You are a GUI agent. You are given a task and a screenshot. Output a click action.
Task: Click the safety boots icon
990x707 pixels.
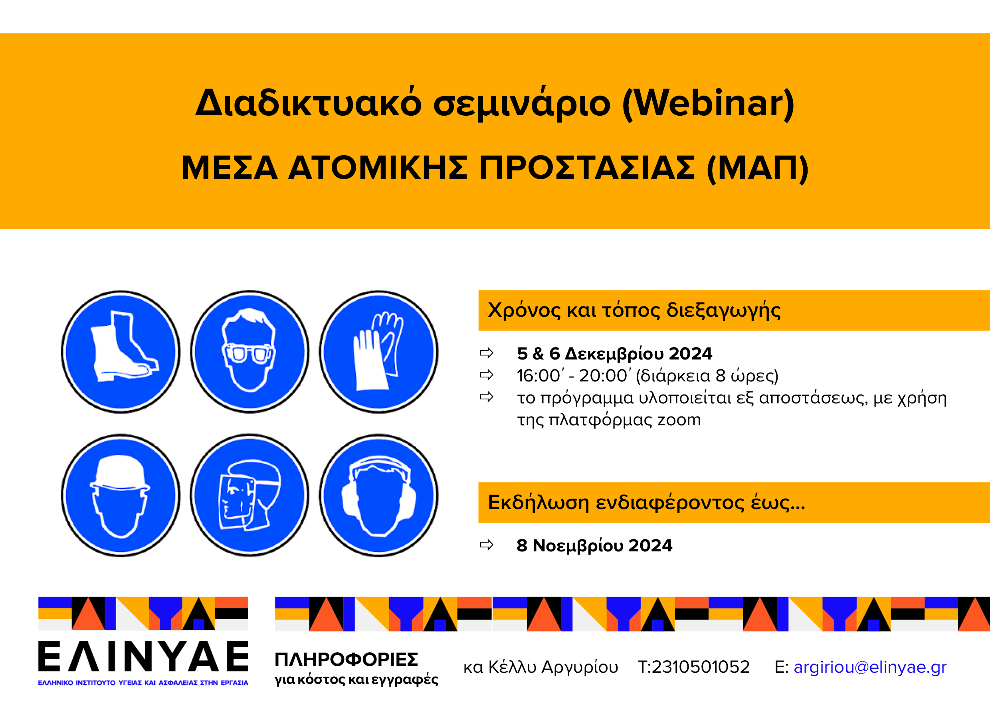click(x=121, y=352)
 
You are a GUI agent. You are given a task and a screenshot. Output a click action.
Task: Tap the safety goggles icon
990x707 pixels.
click(x=249, y=352)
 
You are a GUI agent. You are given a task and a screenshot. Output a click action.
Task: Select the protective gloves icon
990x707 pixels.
click(x=378, y=352)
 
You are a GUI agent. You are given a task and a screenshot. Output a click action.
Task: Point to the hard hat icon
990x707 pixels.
click(x=121, y=496)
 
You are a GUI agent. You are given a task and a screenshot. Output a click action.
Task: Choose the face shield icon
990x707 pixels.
click(x=249, y=496)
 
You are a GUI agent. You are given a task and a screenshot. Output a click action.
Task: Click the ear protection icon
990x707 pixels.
click(x=378, y=496)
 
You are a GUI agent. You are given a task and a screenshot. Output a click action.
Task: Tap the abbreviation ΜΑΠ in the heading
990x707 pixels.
click(x=757, y=168)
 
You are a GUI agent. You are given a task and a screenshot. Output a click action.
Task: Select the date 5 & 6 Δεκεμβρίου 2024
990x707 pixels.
click(x=614, y=353)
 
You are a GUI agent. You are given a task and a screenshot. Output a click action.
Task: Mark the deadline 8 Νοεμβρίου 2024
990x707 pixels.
click(x=594, y=545)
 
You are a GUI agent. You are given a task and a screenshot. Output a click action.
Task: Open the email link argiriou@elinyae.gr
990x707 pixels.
click(x=870, y=667)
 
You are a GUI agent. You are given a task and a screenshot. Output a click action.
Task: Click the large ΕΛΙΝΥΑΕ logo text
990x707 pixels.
click(x=143, y=656)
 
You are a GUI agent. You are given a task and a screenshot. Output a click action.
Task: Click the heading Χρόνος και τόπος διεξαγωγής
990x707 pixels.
click(x=634, y=310)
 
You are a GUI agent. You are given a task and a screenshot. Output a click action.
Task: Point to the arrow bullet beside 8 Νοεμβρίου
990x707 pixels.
click(x=487, y=545)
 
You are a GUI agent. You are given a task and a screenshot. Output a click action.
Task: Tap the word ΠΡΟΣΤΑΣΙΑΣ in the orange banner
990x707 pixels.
click(x=587, y=168)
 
